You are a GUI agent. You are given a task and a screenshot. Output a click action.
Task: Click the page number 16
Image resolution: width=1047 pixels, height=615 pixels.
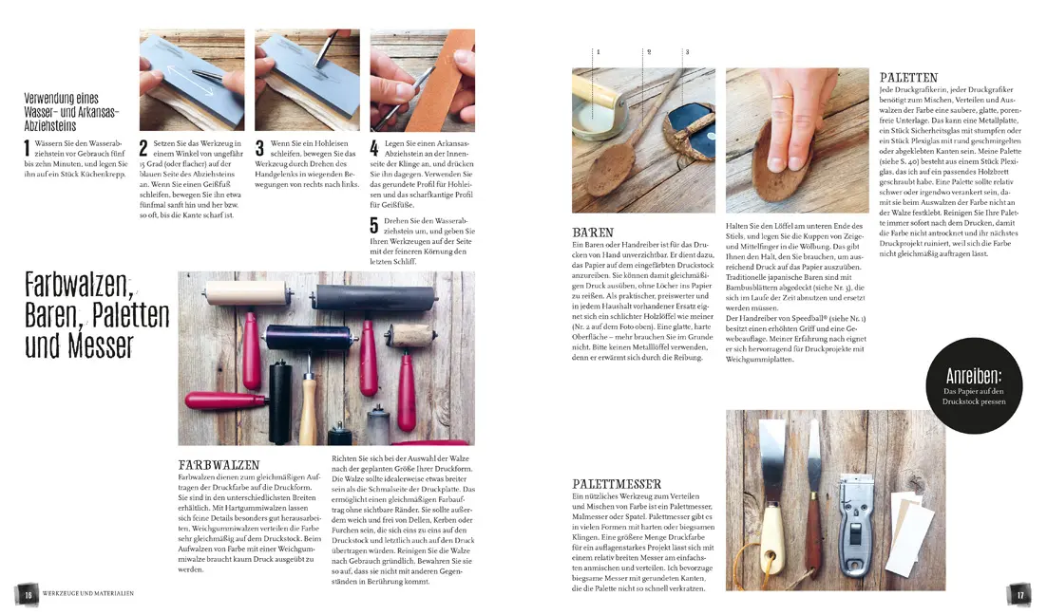(29, 593)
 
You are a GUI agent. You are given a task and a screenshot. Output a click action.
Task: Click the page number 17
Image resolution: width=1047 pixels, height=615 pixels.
(1019, 593)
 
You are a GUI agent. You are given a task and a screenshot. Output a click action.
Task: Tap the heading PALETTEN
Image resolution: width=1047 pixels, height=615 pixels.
(908, 78)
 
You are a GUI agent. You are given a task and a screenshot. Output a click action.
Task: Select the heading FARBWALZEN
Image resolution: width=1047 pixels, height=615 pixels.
(219, 464)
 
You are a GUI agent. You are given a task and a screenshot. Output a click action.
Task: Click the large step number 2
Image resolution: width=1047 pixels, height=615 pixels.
(143, 147)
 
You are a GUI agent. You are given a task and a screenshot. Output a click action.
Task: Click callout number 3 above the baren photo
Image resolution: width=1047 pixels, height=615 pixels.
(686, 50)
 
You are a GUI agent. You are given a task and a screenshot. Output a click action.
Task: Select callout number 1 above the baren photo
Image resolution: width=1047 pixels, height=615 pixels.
(598, 50)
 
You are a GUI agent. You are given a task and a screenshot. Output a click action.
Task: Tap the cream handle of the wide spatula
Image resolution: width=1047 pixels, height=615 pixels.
(771, 531)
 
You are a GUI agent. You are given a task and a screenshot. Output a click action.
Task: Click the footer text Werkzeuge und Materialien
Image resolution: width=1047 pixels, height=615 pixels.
(88, 593)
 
